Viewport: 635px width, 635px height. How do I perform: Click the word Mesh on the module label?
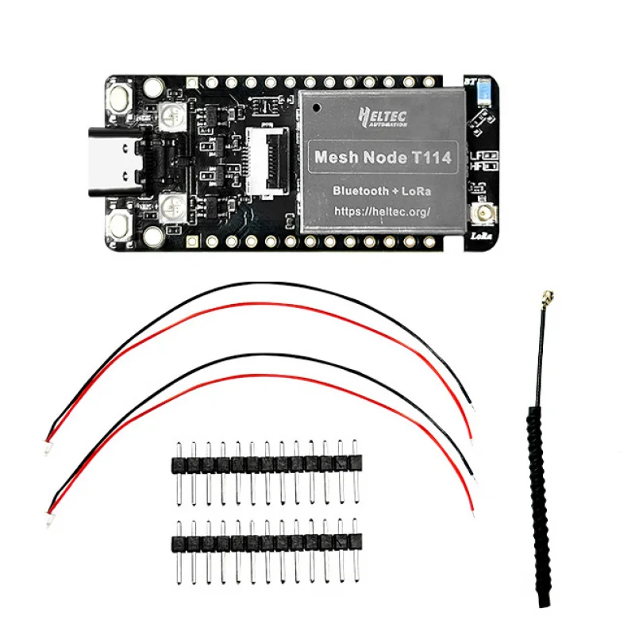pyautogui.click(x=337, y=158)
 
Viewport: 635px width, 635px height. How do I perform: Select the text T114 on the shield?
pyautogui.click(x=433, y=158)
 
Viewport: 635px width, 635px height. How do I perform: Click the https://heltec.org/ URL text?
pyautogui.click(x=383, y=211)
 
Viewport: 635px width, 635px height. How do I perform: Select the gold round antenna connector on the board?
pyautogui.click(x=482, y=214)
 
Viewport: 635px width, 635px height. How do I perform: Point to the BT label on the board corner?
pyautogui.click(x=469, y=81)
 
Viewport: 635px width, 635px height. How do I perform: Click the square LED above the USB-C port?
pyautogui.click(x=172, y=115)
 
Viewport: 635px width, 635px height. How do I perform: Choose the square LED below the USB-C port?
pyautogui.click(x=172, y=208)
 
